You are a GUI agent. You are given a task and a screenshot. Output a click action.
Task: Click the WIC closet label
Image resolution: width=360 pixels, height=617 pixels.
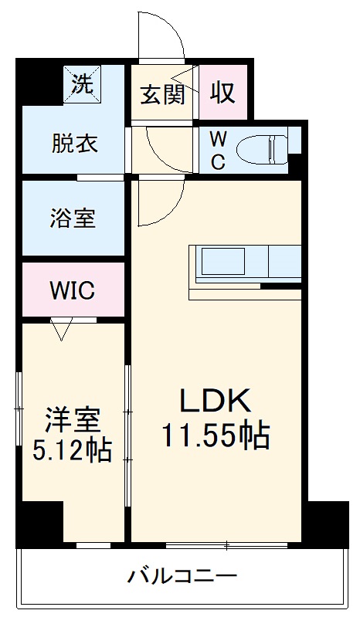[x=72, y=290]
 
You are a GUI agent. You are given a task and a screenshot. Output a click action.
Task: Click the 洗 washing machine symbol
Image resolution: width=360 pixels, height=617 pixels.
[x=81, y=83]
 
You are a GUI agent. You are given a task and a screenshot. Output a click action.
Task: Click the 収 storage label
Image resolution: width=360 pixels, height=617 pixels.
[x=222, y=93]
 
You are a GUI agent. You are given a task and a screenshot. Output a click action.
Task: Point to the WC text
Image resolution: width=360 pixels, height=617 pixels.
[x=218, y=151]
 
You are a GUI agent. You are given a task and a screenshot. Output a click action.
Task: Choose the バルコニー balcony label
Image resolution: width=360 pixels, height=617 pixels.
[x=182, y=576]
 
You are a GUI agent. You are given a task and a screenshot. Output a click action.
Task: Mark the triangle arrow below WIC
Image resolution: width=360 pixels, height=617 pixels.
[x=61, y=331]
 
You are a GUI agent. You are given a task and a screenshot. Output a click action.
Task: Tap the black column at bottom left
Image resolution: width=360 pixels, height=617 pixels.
[x=39, y=526]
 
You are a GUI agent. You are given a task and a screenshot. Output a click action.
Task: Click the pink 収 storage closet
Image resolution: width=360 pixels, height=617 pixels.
[x=222, y=93]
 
